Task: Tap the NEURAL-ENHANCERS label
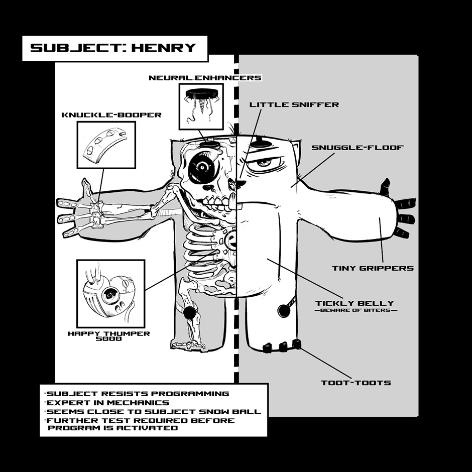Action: point(205,78)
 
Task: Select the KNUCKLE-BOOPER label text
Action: point(111,115)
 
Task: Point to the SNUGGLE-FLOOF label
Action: point(358,148)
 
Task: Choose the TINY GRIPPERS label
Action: point(373,268)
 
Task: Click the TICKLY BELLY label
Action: point(355,303)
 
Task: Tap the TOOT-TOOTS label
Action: point(356,383)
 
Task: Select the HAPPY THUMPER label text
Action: point(109,333)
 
